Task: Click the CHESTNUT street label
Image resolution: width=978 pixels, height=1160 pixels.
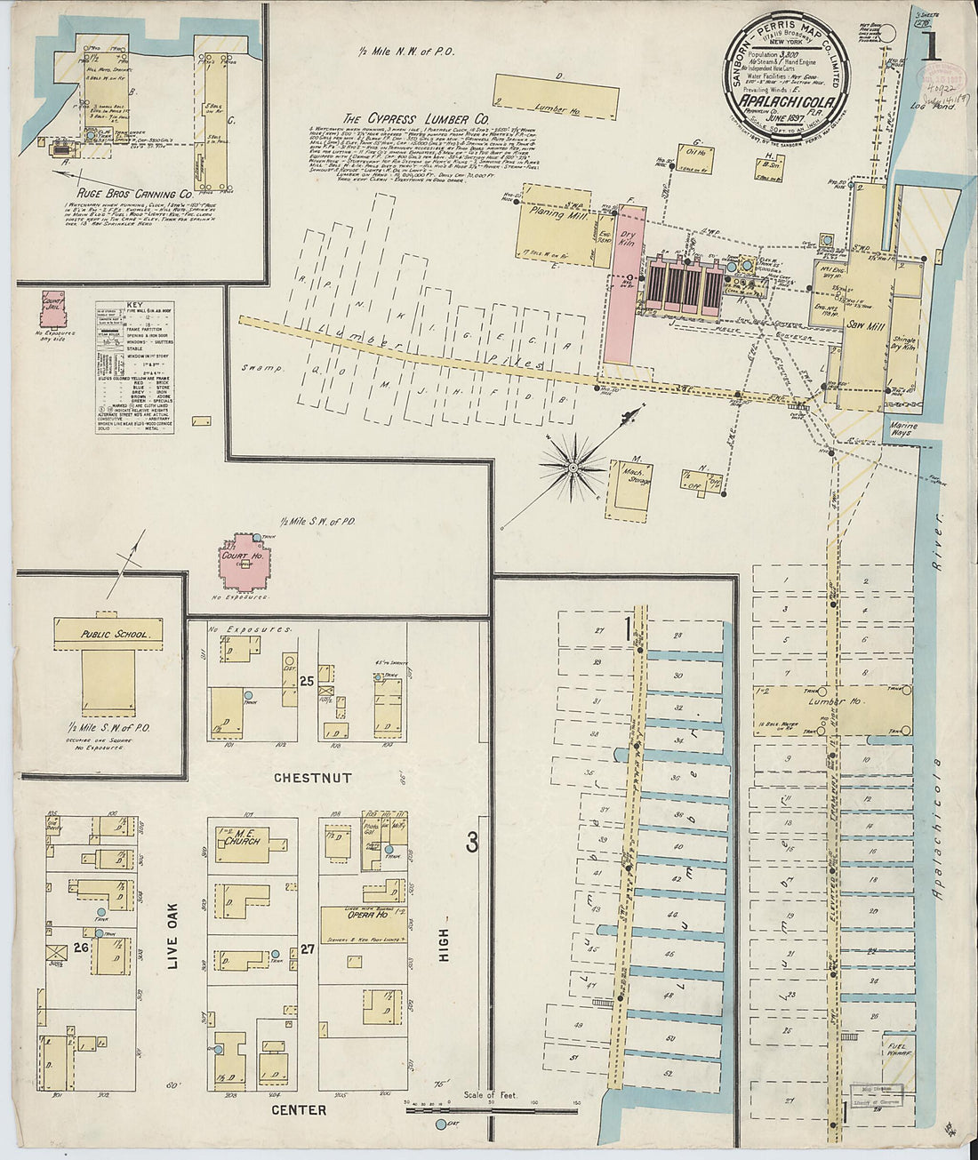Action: click(x=312, y=778)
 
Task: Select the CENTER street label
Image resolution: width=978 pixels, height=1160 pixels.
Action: click(x=299, y=1110)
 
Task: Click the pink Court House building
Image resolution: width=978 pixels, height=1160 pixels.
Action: click(x=245, y=564)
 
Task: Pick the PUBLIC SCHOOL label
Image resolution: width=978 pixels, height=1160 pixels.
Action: click(x=108, y=635)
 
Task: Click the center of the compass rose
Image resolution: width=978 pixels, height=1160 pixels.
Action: click(x=573, y=466)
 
